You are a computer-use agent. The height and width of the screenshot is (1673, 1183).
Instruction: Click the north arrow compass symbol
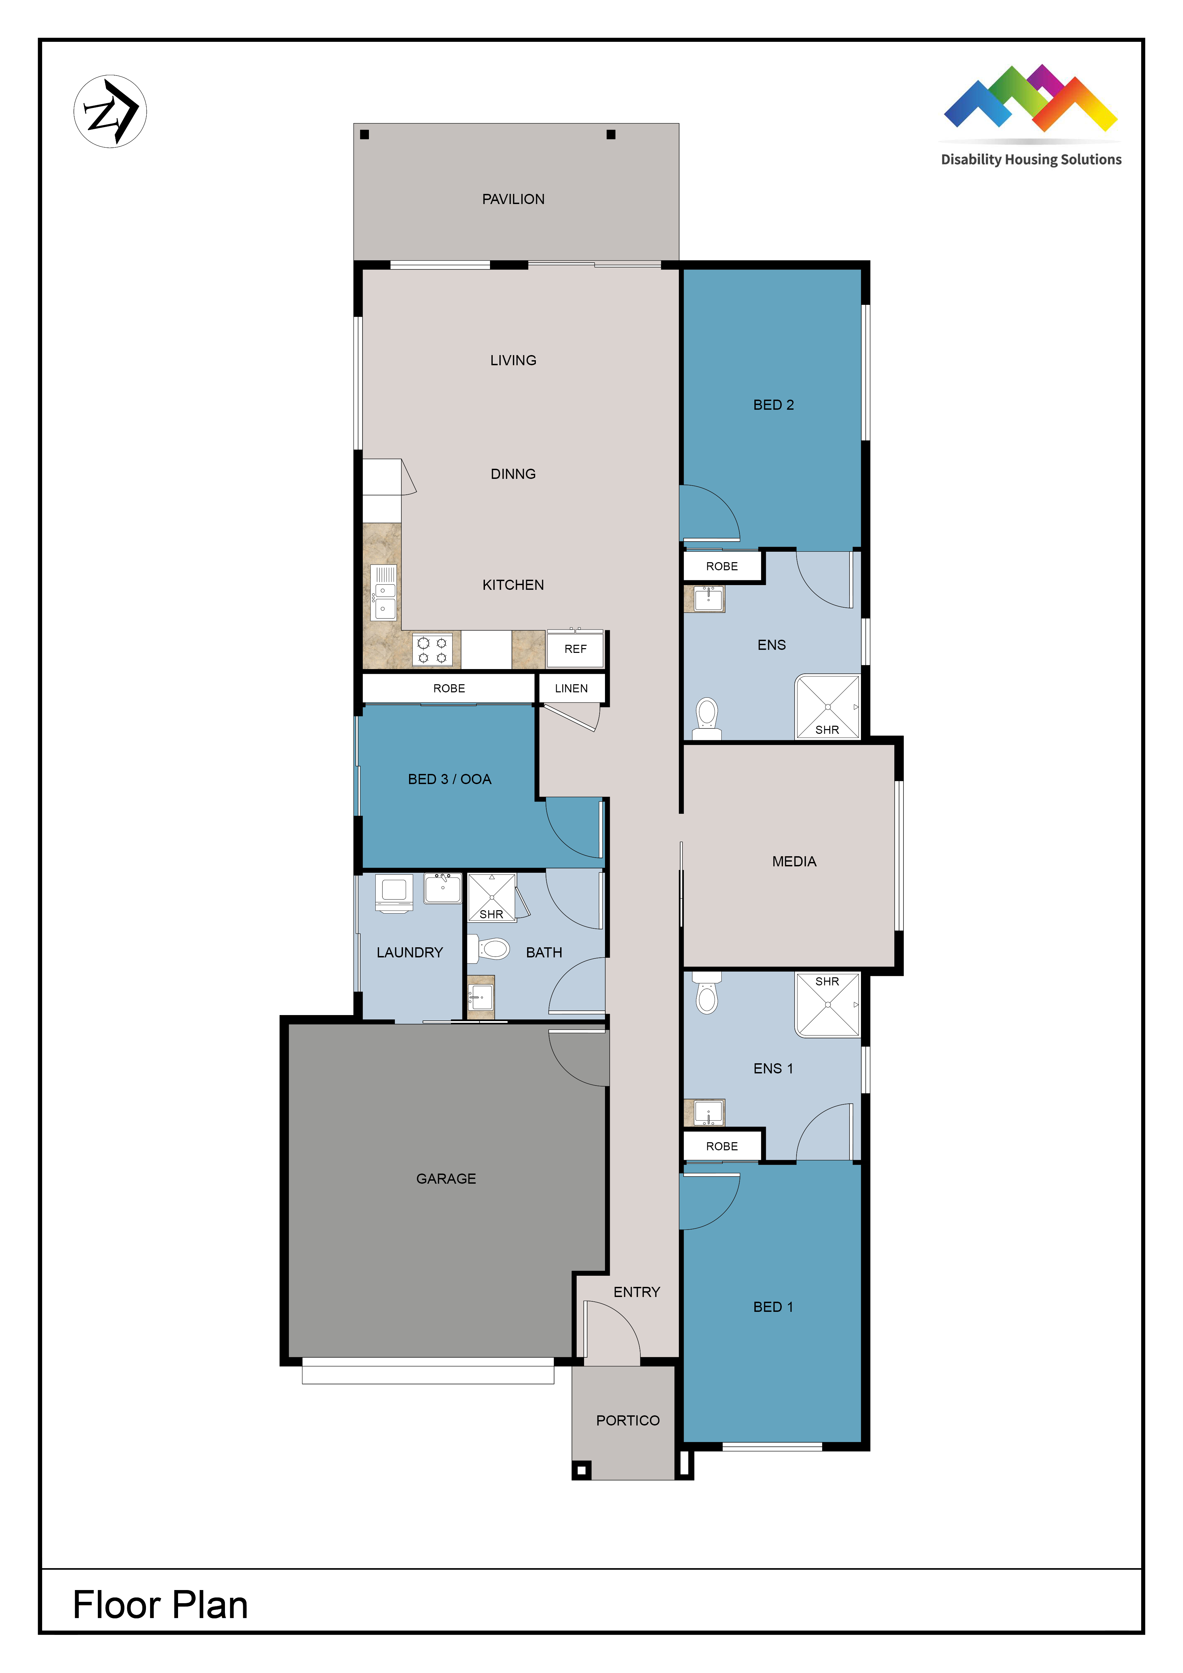(x=110, y=112)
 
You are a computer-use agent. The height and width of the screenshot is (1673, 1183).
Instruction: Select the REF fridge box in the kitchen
(x=575, y=648)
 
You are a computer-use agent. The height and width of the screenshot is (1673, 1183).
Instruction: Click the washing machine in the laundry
(x=394, y=893)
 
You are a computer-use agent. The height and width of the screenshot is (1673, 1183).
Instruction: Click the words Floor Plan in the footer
(x=160, y=1605)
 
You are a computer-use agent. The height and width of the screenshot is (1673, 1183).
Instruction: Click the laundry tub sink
(x=443, y=888)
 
